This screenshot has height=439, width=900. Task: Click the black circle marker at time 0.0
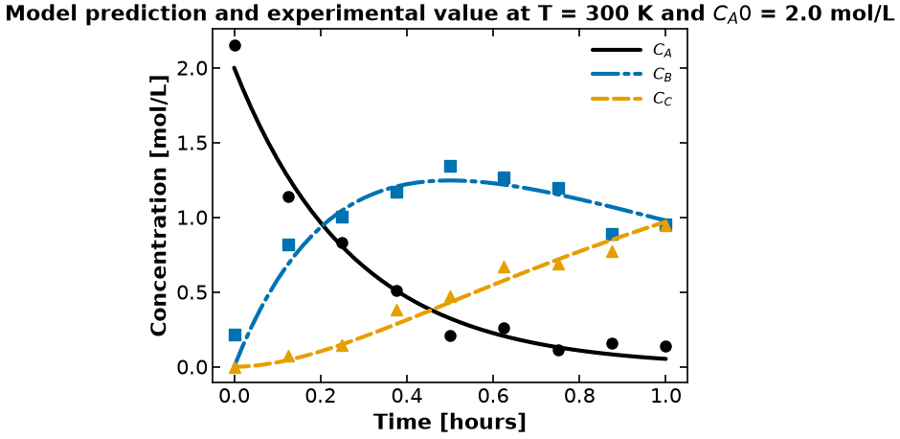coord(235,45)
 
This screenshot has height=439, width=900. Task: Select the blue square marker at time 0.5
coord(451,167)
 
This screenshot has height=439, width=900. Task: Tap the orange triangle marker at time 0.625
coord(504,267)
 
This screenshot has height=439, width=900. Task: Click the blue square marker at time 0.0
coord(235,335)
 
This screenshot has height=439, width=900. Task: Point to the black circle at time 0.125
coord(289,196)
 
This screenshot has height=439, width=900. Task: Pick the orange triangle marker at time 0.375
coord(396,311)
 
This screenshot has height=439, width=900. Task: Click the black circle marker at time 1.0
coord(665,346)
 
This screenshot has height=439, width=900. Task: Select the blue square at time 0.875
coord(612,235)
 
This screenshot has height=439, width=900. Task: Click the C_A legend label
coord(663,51)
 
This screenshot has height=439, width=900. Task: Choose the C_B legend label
coord(663,75)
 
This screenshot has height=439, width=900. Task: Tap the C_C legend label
coord(663,99)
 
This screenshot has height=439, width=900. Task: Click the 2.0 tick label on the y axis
coord(188,68)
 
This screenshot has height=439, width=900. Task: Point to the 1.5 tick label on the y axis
coord(188,143)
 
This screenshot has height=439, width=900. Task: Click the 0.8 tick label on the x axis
coord(579,397)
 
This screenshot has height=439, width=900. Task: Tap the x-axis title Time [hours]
coord(450,423)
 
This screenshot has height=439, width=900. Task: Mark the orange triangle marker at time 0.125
coord(289,357)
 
